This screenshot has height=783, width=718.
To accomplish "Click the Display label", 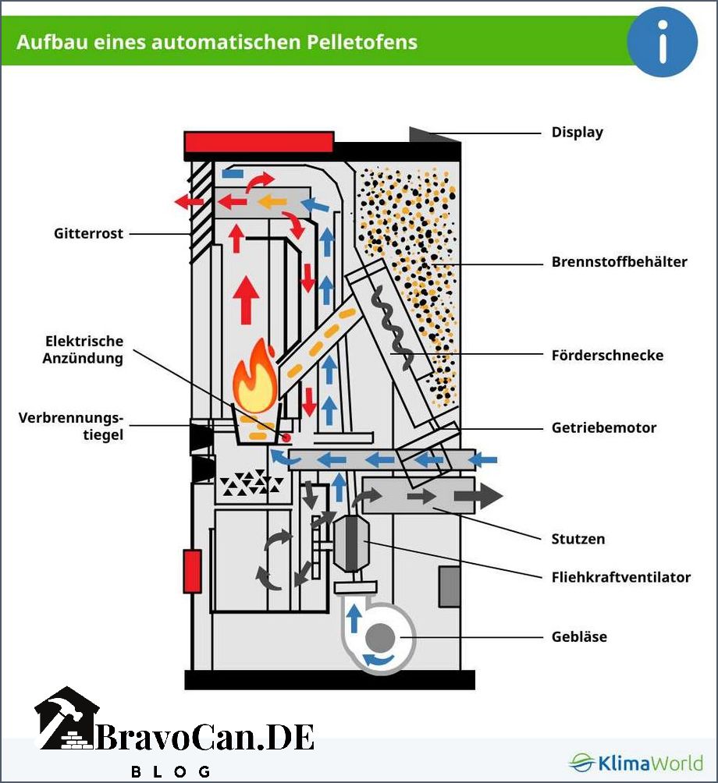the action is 577,133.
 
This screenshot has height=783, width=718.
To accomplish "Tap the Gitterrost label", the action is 88,233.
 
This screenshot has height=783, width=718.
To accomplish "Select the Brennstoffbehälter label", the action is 619,262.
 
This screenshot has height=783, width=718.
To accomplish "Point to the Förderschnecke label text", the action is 608,355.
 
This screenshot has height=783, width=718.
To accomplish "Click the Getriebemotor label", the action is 603,427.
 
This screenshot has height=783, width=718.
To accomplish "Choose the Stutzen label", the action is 578,539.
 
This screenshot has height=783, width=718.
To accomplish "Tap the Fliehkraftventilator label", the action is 621,577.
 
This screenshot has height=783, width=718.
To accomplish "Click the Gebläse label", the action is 579,636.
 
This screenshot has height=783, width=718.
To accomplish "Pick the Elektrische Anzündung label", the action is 83,349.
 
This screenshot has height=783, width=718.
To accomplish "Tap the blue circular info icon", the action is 662,41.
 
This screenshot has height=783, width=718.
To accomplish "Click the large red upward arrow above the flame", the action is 246,300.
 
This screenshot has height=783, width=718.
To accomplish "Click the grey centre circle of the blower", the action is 380,638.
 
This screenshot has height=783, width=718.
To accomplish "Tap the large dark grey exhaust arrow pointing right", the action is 478,496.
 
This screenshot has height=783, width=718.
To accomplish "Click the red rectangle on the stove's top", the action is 259,142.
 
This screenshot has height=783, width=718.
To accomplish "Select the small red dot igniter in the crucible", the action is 286,438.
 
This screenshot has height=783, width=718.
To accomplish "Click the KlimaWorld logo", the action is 635,763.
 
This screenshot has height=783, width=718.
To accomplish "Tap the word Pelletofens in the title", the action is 362,42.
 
